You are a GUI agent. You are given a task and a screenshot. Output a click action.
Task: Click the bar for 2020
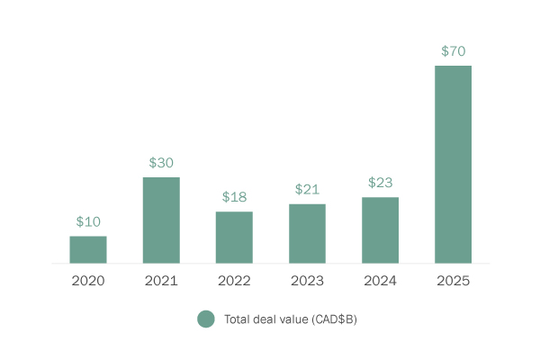click(x=88, y=249)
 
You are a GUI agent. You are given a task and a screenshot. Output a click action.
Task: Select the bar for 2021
click(x=161, y=220)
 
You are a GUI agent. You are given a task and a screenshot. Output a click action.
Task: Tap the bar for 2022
click(x=234, y=238)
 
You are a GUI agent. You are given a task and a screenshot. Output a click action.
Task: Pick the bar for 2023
click(x=307, y=233)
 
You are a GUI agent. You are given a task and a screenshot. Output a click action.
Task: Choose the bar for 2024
click(x=380, y=229)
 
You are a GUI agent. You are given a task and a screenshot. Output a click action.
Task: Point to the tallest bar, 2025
click(x=453, y=164)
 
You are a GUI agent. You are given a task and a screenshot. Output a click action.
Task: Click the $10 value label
click(x=88, y=221)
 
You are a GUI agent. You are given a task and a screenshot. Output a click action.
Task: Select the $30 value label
click(x=161, y=163)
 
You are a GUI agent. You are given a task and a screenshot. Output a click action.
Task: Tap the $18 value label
click(x=234, y=197)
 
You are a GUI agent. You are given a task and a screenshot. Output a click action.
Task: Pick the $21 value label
click(x=307, y=189)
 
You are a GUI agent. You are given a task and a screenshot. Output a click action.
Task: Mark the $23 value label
click(x=380, y=183)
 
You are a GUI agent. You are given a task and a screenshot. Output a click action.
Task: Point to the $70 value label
click(x=453, y=51)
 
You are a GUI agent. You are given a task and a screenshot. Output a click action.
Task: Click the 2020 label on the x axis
click(x=88, y=281)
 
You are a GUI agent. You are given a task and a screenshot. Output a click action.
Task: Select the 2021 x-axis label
click(x=161, y=281)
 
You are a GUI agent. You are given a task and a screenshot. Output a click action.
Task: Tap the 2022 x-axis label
click(x=234, y=281)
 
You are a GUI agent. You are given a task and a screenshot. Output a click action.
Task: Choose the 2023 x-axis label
click(x=307, y=281)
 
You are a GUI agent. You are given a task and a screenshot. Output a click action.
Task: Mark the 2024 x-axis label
click(x=380, y=281)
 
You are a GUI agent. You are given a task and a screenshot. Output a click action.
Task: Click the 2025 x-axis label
click(x=453, y=281)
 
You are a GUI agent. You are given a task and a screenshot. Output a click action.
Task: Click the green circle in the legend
click(x=206, y=319)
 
